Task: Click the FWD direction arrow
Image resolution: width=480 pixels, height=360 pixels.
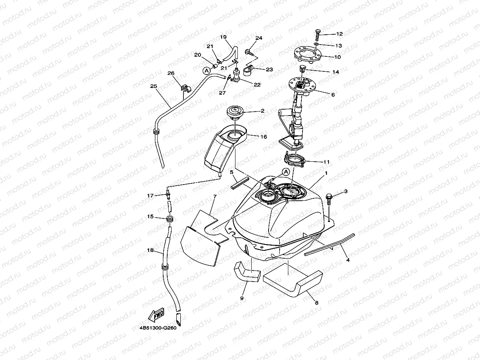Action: click(x=156, y=315)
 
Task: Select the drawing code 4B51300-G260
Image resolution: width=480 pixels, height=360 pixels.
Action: click(x=157, y=328)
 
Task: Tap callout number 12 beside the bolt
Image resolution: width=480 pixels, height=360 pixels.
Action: click(x=339, y=34)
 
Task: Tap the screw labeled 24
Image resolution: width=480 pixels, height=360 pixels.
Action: click(x=249, y=51)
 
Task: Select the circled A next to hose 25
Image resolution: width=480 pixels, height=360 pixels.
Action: click(x=206, y=71)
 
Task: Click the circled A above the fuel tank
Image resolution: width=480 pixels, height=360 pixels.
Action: click(x=286, y=172)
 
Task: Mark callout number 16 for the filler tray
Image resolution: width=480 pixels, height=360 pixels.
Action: click(x=263, y=137)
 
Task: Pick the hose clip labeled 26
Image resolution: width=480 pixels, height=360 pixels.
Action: click(x=184, y=88)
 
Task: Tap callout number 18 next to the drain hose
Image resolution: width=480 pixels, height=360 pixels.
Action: click(x=150, y=250)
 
